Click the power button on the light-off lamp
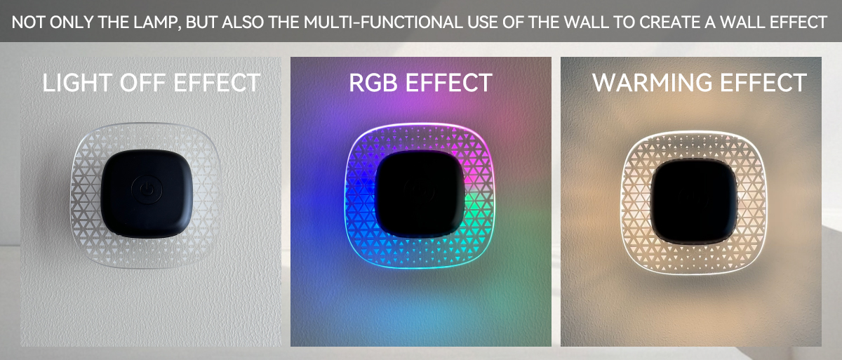(147, 189)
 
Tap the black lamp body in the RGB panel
(420, 194)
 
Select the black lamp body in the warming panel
(693, 201)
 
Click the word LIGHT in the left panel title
(77, 83)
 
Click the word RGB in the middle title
(373, 83)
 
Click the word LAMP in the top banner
(155, 22)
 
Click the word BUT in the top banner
(201, 22)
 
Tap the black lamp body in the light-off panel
(147, 193)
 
